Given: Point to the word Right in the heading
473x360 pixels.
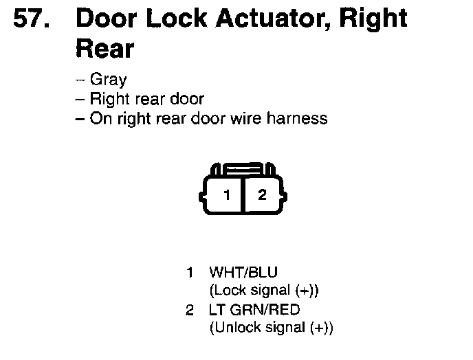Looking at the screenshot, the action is coord(372,21).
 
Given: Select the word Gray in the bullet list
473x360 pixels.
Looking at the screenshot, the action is coord(109,80).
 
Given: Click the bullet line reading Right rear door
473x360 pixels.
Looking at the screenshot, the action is coord(146,99).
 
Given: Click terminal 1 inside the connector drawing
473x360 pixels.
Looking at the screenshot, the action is coord(227,194).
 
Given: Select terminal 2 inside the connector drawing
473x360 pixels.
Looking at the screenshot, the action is coord(261,194).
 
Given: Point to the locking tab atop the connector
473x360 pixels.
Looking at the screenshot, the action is coord(244,168).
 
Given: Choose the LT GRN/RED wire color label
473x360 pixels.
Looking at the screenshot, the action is coord(254,310).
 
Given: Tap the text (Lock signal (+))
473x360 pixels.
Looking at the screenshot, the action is coord(264,290).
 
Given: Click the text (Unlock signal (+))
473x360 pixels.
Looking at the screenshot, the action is coord(271,328).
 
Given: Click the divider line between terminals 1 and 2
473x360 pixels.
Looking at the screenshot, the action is coord(244,195).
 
